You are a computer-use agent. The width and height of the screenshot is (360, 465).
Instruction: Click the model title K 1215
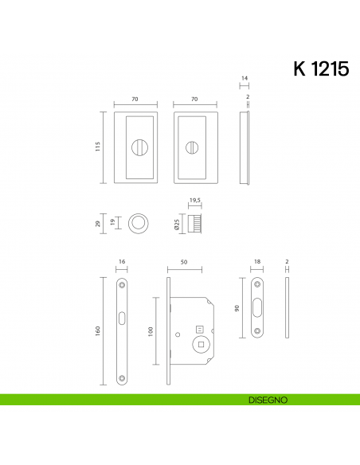pos(321,68)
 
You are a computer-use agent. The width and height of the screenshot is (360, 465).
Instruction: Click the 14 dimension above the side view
pos(245,78)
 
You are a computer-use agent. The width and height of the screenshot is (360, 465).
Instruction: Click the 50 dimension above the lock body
pos(184,260)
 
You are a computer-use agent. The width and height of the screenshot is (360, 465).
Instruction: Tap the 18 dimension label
pos(256,260)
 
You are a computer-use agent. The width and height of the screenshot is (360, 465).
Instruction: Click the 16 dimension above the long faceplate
pos(122,260)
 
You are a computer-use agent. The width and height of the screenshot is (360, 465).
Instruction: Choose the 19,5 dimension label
pos(194,201)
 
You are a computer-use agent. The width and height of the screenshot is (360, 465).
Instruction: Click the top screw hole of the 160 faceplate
pos(122,284)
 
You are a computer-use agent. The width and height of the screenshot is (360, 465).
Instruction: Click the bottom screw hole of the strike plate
pos(256,332)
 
